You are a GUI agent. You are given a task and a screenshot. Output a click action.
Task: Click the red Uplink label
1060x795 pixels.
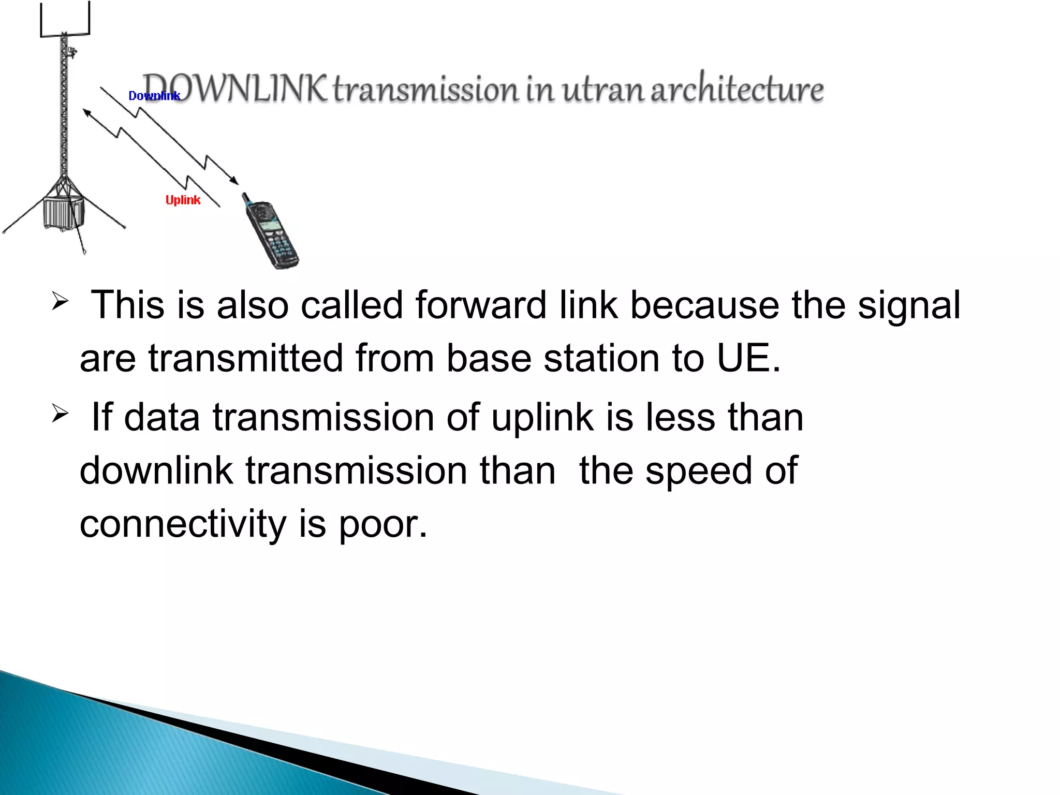(x=183, y=200)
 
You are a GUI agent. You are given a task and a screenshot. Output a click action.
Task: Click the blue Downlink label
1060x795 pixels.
(x=154, y=96)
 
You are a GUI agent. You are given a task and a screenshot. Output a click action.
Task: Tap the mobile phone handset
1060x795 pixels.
(x=271, y=232)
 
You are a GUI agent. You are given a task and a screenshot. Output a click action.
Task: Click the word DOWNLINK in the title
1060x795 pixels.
(x=235, y=89)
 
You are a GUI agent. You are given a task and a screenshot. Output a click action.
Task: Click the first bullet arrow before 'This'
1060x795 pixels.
(x=60, y=301)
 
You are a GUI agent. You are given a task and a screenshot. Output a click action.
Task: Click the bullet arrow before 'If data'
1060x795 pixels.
(x=60, y=414)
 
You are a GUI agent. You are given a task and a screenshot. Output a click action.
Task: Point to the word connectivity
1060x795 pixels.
(x=183, y=524)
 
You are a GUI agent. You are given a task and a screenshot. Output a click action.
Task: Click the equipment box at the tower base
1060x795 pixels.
(x=63, y=211)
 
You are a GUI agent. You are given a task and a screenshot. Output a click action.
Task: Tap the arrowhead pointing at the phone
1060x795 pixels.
(x=235, y=181)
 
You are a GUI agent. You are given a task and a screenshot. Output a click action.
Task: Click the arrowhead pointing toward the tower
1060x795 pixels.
(x=86, y=112)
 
